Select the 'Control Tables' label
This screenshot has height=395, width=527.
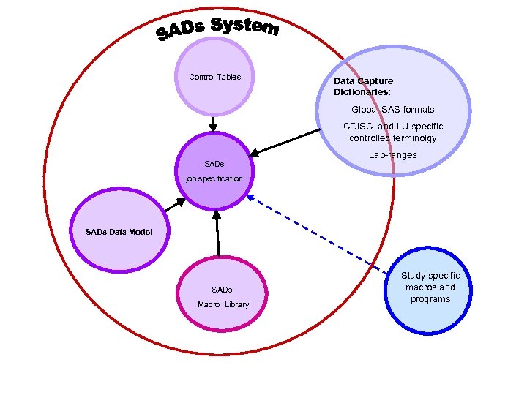click(214, 77)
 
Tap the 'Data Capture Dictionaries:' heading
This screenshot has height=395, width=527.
click(363, 87)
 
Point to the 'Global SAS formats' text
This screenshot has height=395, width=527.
click(392, 110)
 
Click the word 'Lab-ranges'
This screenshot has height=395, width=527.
click(392, 155)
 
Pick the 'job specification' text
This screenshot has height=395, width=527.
click(214, 178)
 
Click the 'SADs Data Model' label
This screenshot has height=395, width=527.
click(119, 232)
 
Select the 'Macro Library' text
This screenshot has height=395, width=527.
click(223, 304)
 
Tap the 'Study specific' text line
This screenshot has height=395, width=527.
click(430, 276)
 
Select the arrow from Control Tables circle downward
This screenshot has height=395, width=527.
click(213, 124)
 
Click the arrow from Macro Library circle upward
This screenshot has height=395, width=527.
click(217, 233)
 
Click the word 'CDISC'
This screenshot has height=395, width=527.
click(358, 127)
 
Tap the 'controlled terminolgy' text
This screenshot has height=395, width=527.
click(392, 138)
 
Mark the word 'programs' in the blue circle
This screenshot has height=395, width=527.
click(430, 299)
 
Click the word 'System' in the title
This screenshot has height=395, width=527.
click(244, 26)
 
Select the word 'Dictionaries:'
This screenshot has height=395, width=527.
click(362, 93)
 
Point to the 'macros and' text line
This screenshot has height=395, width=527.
click(430, 287)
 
